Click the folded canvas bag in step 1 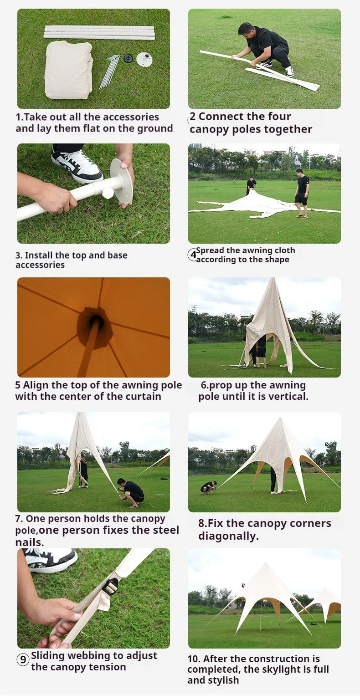[x=68, y=69]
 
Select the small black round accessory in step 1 [x=128, y=58]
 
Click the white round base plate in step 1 [x=144, y=59]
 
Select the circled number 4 [x=192, y=255]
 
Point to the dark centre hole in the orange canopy [x=95, y=326]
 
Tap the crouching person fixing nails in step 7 [x=133, y=492]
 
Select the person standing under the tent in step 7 [x=83, y=472]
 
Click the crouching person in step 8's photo [x=208, y=487]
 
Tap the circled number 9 [x=23, y=659]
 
